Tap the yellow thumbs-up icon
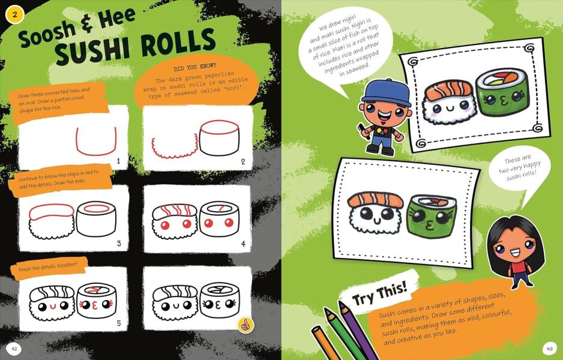click(245, 325)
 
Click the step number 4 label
click(243, 244)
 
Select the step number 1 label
click(119, 161)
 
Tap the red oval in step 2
click(217, 129)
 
